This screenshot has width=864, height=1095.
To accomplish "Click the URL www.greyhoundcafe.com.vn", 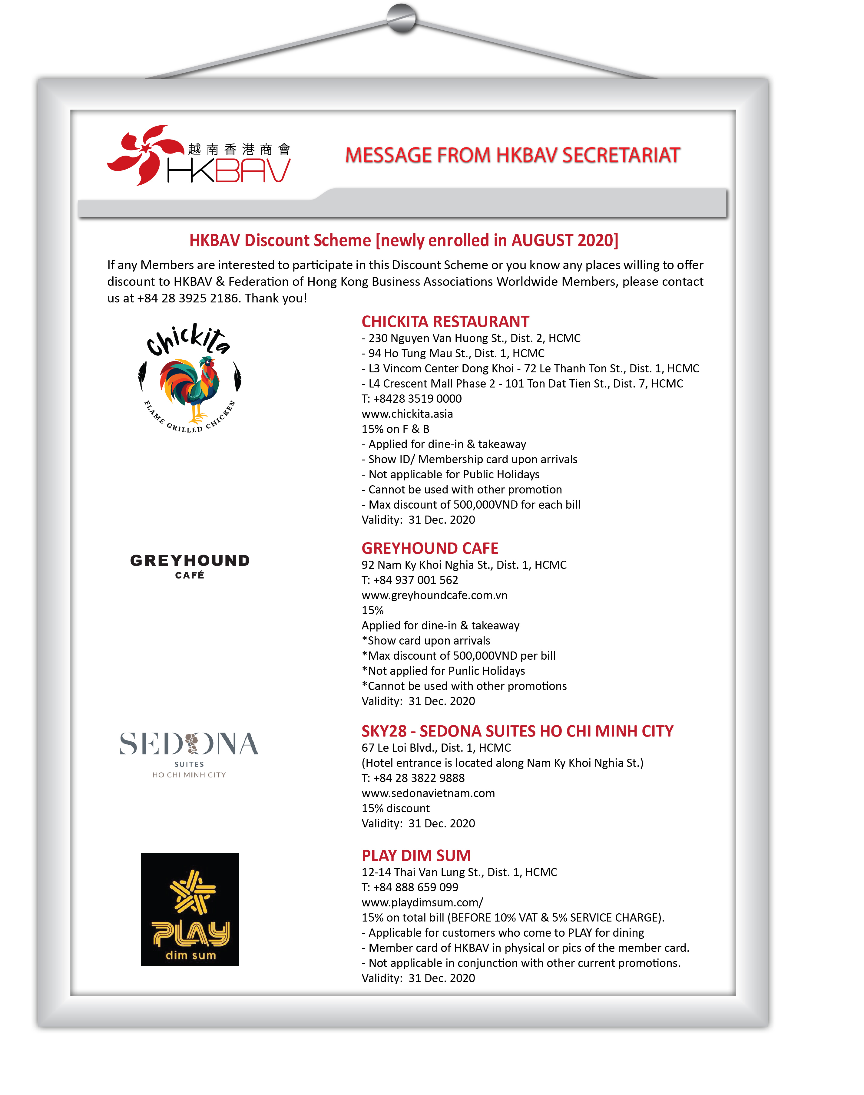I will (x=434, y=595).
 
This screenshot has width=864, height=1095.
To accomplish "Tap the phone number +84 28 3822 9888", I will (x=418, y=778).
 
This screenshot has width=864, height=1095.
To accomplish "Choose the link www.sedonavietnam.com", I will (x=428, y=793).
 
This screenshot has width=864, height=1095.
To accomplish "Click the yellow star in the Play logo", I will (x=192, y=892).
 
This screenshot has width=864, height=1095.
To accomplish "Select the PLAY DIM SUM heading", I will (x=416, y=855).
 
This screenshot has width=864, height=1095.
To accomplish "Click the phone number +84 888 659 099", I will (x=415, y=887).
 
